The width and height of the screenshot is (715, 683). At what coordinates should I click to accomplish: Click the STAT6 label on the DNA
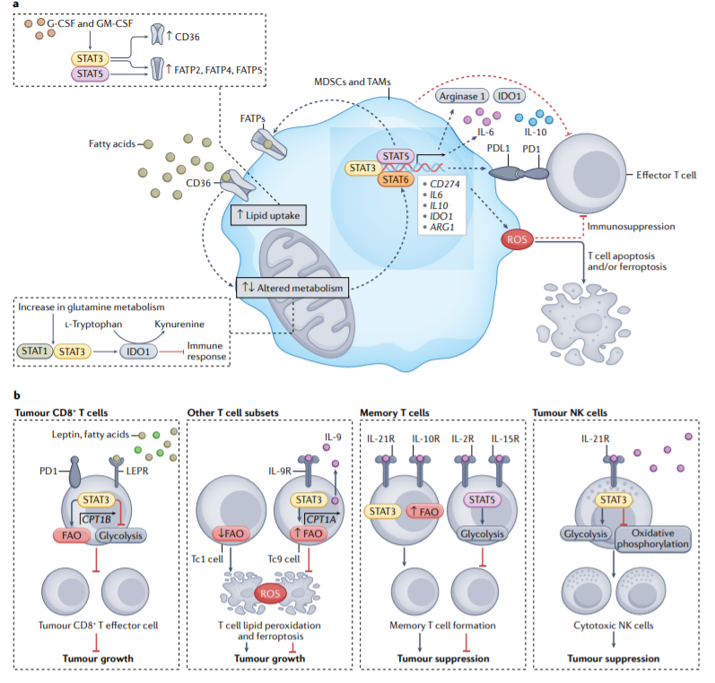pyautogui.click(x=395, y=179)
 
